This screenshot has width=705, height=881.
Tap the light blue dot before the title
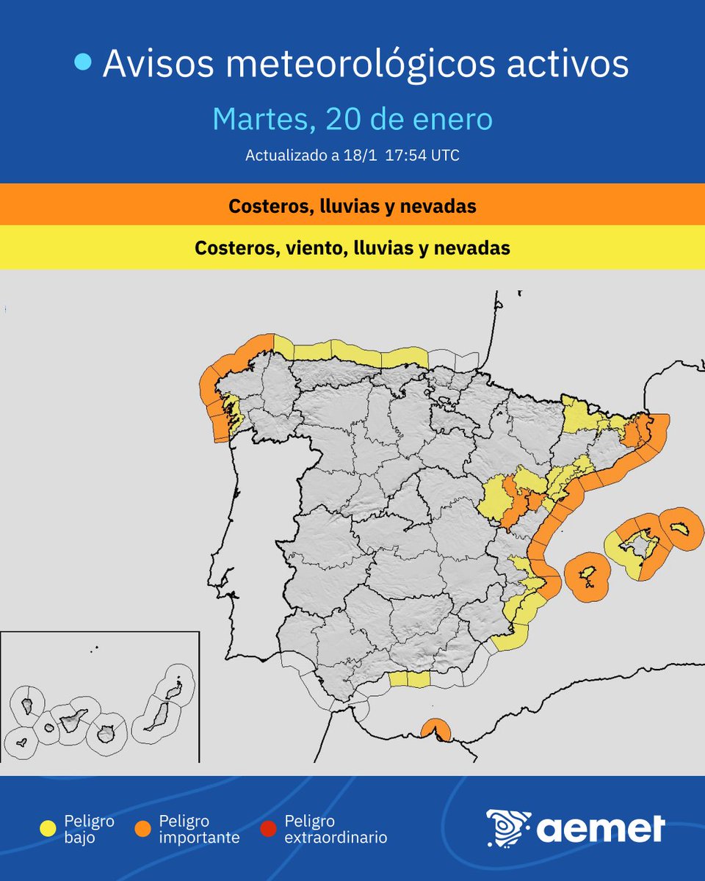[x=84, y=63]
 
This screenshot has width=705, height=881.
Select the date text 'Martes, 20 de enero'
[x=352, y=120]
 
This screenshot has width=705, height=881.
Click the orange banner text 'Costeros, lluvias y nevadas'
[x=352, y=206]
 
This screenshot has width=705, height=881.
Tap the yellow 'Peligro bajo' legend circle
[x=48, y=829]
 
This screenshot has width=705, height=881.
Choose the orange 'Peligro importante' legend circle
[x=142, y=829]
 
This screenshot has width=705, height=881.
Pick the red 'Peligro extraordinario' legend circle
[x=269, y=829]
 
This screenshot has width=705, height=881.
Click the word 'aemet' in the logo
[x=600, y=829]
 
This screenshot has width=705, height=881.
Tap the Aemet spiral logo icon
[x=507, y=829]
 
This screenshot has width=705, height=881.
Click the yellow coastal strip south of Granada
[x=408, y=679]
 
